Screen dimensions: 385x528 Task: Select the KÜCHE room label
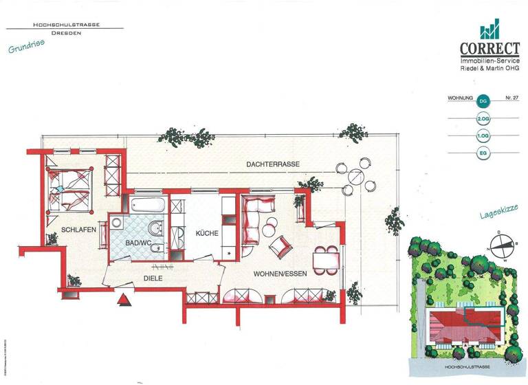[x=207, y=234]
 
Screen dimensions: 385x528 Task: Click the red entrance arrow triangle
[x=124, y=300]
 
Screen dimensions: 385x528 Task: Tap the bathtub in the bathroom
[x=148, y=204]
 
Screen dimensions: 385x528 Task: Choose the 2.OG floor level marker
[x=483, y=118]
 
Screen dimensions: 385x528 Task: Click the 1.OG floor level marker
[x=483, y=135]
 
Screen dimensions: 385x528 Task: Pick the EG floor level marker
[x=483, y=153]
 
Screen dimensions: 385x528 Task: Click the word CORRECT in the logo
[x=489, y=49]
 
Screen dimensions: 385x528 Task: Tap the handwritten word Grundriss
[x=26, y=48]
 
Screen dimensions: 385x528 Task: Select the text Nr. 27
[x=511, y=98]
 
